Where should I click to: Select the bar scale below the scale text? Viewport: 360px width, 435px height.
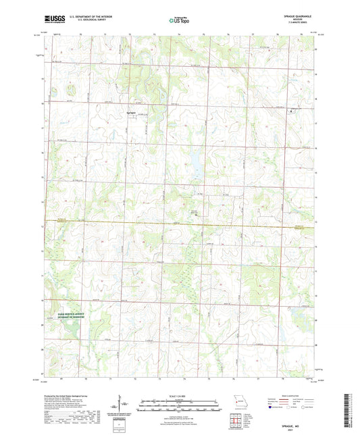[180, 406]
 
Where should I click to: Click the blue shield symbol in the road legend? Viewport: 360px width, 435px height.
[272, 409]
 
